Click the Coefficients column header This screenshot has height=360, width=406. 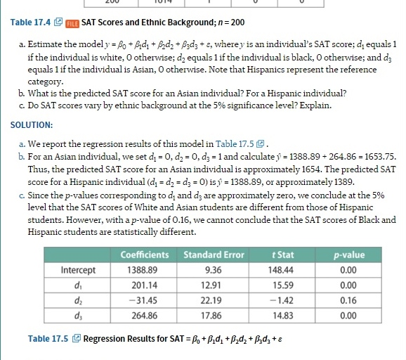[x=145, y=255]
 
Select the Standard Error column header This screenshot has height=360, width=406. [x=214, y=255]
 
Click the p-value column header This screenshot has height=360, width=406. [x=351, y=255]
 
